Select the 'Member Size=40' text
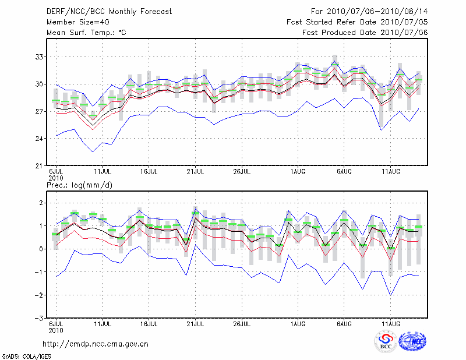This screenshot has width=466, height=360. (x=74, y=22)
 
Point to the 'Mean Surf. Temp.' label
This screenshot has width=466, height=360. (x=86, y=33)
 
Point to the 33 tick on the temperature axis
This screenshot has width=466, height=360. (x=38, y=57)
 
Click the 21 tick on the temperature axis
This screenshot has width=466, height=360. (x=38, y=165)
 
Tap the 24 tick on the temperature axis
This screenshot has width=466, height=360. (x=38, y=139)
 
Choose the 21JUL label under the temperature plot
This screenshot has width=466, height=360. (x=196, y=172)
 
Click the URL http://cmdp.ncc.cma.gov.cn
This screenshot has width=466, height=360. (x=96, y=344)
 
